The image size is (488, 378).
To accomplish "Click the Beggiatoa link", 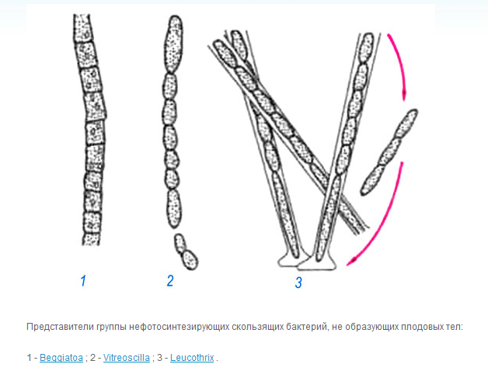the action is point(61,358).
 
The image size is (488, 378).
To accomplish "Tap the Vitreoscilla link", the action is point(127,358).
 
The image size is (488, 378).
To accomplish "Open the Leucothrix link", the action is point(192,358).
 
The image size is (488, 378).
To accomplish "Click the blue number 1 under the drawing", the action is point(83,281).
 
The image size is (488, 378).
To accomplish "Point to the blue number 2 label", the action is point(170,281).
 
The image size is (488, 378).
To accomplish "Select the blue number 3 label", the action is point(298,283).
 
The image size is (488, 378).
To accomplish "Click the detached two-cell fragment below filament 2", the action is point(186,251).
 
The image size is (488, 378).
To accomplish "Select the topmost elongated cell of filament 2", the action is point(173,43).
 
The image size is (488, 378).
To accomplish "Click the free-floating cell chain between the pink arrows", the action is point(389,152).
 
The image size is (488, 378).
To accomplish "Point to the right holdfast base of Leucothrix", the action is point(318,264).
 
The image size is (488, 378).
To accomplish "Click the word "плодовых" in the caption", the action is point(420,327).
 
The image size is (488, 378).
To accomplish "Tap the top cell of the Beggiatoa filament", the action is point(83,27).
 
